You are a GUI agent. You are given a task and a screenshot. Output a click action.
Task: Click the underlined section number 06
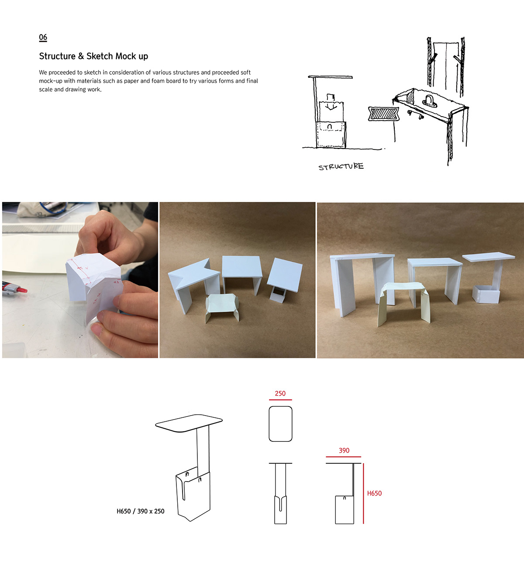[43, 38]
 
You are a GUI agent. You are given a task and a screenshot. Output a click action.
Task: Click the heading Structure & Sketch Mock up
[93, 56]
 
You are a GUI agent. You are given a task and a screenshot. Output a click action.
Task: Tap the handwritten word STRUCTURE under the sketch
[341, 167]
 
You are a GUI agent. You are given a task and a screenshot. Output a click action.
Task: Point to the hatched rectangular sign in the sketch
[383, 114]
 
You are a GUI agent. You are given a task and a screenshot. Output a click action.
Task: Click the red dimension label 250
[280, 393]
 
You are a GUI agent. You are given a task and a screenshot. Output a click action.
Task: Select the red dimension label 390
[344, 451]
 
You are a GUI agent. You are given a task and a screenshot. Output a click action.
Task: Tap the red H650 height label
[374, 493]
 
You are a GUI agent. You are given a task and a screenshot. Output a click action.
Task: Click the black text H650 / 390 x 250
[140, 511]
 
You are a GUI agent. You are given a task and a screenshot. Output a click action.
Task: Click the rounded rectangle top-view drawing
[280, 424]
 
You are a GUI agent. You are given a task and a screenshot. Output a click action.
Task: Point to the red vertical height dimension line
[363, 494]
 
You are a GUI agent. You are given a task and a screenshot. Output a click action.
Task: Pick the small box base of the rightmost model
[486, 295]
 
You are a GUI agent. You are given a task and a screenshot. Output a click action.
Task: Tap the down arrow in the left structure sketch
[331, 105]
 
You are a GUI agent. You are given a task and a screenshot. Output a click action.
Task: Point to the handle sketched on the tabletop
[429, 101]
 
